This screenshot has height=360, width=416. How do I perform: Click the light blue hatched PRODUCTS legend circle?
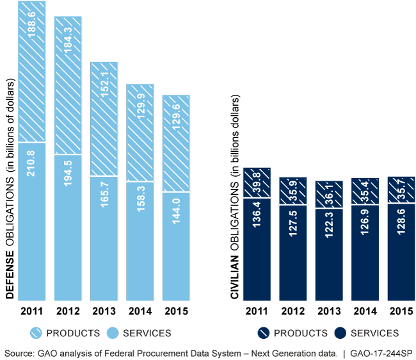(x=36, y=333)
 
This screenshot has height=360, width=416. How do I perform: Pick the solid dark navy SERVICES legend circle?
(x=340, y=333)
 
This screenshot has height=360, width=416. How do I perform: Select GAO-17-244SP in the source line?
(x=384, y=354)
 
